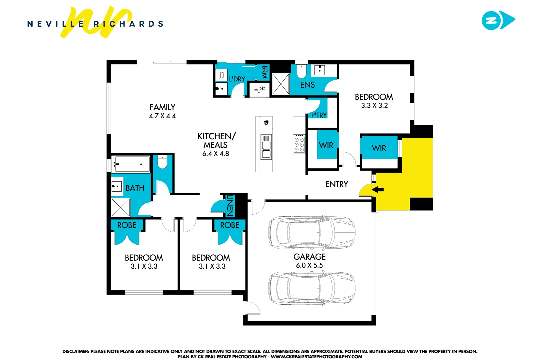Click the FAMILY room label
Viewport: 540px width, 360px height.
tap(162, 107)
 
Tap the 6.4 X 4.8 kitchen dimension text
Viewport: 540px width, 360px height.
tap(216, 154)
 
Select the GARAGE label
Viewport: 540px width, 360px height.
tap(309, 257)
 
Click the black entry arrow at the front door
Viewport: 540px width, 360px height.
tap(378, 190)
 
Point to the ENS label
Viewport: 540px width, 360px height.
tap(307, 85)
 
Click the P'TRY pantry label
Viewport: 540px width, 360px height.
tap(319, 115)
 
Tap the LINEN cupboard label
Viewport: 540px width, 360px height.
tap(230, 205)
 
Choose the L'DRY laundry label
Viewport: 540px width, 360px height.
tap(237, 79)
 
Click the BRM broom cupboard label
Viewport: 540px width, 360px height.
tap(265, 72)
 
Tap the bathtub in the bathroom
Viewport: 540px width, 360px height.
tap(131, 164)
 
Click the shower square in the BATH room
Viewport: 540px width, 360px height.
tap(121, 208)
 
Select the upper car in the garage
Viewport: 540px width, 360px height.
tap(311, 233)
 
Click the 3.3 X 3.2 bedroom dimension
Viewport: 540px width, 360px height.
tap(374, 106)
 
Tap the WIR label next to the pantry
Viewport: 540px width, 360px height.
tap(326, 145)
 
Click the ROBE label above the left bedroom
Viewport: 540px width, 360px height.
tap(127, 225)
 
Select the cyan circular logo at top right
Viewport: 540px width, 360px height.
tap(491, 21)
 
